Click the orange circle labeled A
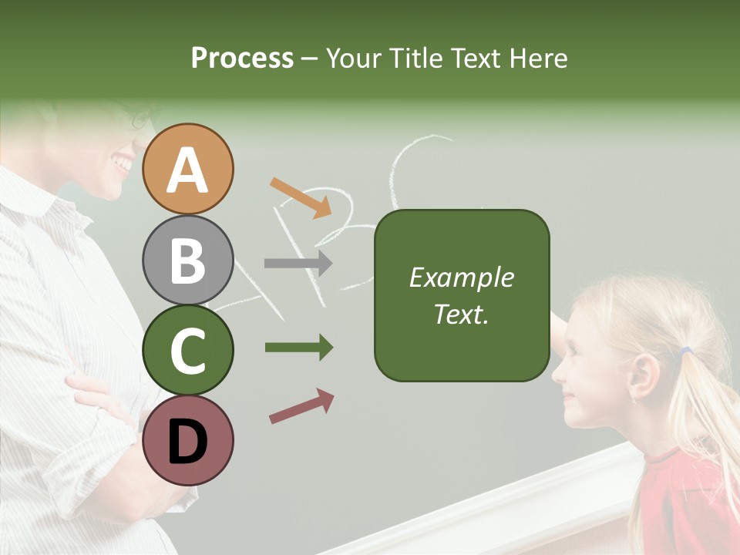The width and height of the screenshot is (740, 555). coord(188,170)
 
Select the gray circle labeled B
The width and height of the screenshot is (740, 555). coord(188,260)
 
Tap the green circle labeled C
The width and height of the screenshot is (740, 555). coord(188,350)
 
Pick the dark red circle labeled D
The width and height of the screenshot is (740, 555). coord(188,440)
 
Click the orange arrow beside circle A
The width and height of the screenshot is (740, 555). coord(301,197)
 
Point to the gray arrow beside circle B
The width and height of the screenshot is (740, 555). coord(298,263)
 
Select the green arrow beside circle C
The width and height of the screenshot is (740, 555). coord(298,348)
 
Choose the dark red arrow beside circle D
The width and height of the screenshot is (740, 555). coord(301,406)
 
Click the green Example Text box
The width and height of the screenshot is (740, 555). coord(462,295)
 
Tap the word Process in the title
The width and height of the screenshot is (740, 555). coord(242,59)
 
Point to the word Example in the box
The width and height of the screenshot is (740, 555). coord(462,277)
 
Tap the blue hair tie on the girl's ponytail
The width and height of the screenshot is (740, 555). coord(684,351)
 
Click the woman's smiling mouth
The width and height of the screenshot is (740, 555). coord(121,164)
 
